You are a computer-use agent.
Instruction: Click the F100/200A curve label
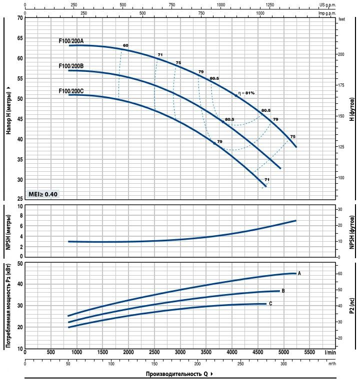[71, 41]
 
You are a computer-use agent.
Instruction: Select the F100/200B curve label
[71, 66]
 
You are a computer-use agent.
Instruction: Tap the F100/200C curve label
[71, 90]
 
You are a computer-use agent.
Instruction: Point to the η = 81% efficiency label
[246, 93]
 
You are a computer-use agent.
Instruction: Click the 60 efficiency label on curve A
[125, 45]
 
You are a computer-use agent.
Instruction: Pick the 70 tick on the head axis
[20, 18]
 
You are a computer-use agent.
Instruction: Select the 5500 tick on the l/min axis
[309, 353]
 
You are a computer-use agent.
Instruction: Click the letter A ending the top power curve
[299, 273]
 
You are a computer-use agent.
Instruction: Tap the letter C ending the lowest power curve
[270, 304]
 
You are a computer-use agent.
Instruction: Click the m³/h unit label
[330, 364]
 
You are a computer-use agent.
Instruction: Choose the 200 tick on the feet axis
[341, 54]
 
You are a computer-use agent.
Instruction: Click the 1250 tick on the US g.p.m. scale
[270, 4]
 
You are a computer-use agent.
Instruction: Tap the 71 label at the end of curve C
[267, 179]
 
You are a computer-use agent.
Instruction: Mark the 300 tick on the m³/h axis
[283, 364]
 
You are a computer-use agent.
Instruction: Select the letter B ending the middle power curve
[283, 290]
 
